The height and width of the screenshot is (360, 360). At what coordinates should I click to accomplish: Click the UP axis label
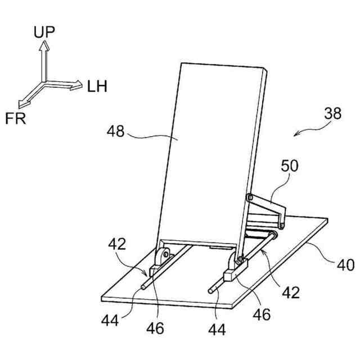pyautogui.click(x=44, y=31)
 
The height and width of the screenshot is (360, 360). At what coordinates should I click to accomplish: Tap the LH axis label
pyautogui.click(x=97, y=87)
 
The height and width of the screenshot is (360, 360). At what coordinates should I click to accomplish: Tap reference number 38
pyautogui.click(x=333, y=114)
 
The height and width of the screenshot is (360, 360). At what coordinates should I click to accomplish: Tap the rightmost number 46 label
pyautogui.click(x=262, y=314)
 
